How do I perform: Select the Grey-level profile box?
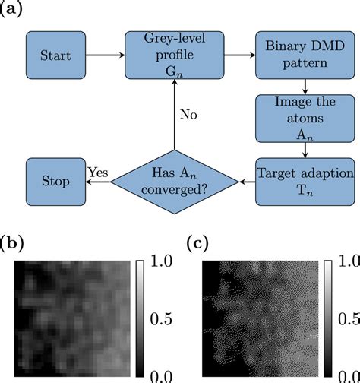click(x=175, y=54)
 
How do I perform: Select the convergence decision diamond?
click(x=175, y=182)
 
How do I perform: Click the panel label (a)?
click(x=14, y=10)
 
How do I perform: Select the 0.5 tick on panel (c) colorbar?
click(x=344, y=319)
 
